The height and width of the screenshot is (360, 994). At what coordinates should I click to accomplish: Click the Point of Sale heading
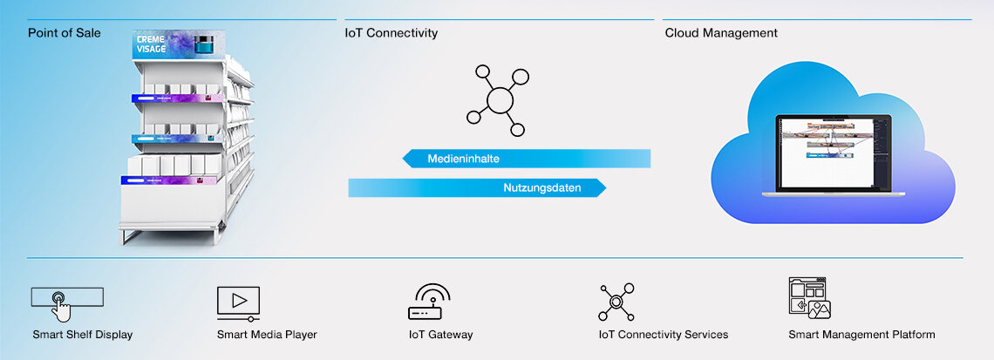click(x=64, y=33)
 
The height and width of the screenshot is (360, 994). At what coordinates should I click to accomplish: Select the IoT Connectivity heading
click(x=391, y=33)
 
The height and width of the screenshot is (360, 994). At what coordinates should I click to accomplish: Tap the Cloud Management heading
click(x=721, y=33)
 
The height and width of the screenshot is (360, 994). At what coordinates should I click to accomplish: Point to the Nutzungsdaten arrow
click(x=476, y=187)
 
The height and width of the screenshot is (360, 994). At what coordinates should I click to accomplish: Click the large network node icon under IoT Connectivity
click(x=498, y=99)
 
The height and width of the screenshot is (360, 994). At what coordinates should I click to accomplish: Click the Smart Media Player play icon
click(x=239, y=301)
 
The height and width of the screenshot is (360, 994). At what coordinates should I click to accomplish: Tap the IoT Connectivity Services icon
click(x=616, y=301)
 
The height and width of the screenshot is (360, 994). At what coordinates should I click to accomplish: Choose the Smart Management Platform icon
click(x=808, y=299)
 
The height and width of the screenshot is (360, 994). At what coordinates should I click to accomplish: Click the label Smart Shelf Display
click(x=83, y=335)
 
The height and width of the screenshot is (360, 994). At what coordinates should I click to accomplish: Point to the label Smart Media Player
click(x=267, y=335)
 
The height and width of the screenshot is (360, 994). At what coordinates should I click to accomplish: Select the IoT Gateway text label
click(x=440, y=335)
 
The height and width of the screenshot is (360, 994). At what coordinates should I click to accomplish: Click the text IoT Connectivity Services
click(x=663, y=335)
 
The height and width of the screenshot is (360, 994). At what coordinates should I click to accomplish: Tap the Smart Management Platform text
click(x=861, y=335)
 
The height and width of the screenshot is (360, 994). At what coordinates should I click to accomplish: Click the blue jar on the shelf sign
click(x=204, y=44)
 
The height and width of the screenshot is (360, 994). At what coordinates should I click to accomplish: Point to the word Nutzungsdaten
click(x=541, y=187)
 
